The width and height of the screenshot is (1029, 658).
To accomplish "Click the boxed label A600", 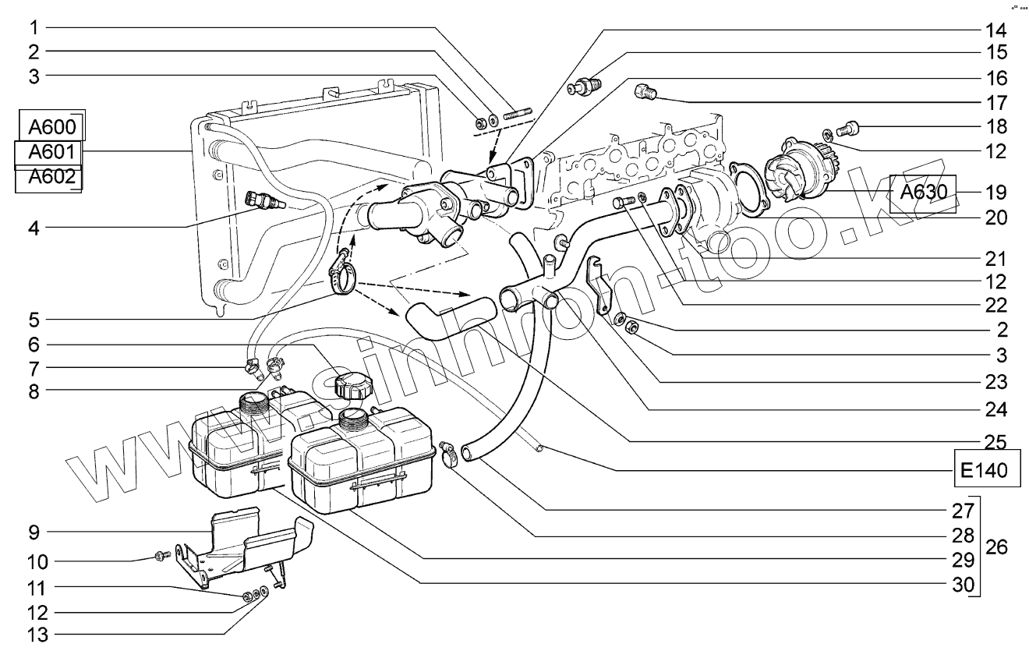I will point(50,126).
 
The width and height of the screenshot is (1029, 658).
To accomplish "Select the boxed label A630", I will point(922,192).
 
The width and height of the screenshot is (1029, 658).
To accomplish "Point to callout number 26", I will point(995,547).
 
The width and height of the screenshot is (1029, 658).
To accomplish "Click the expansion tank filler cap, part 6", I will point(352,384).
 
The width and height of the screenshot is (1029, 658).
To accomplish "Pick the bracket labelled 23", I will point(598,285).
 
